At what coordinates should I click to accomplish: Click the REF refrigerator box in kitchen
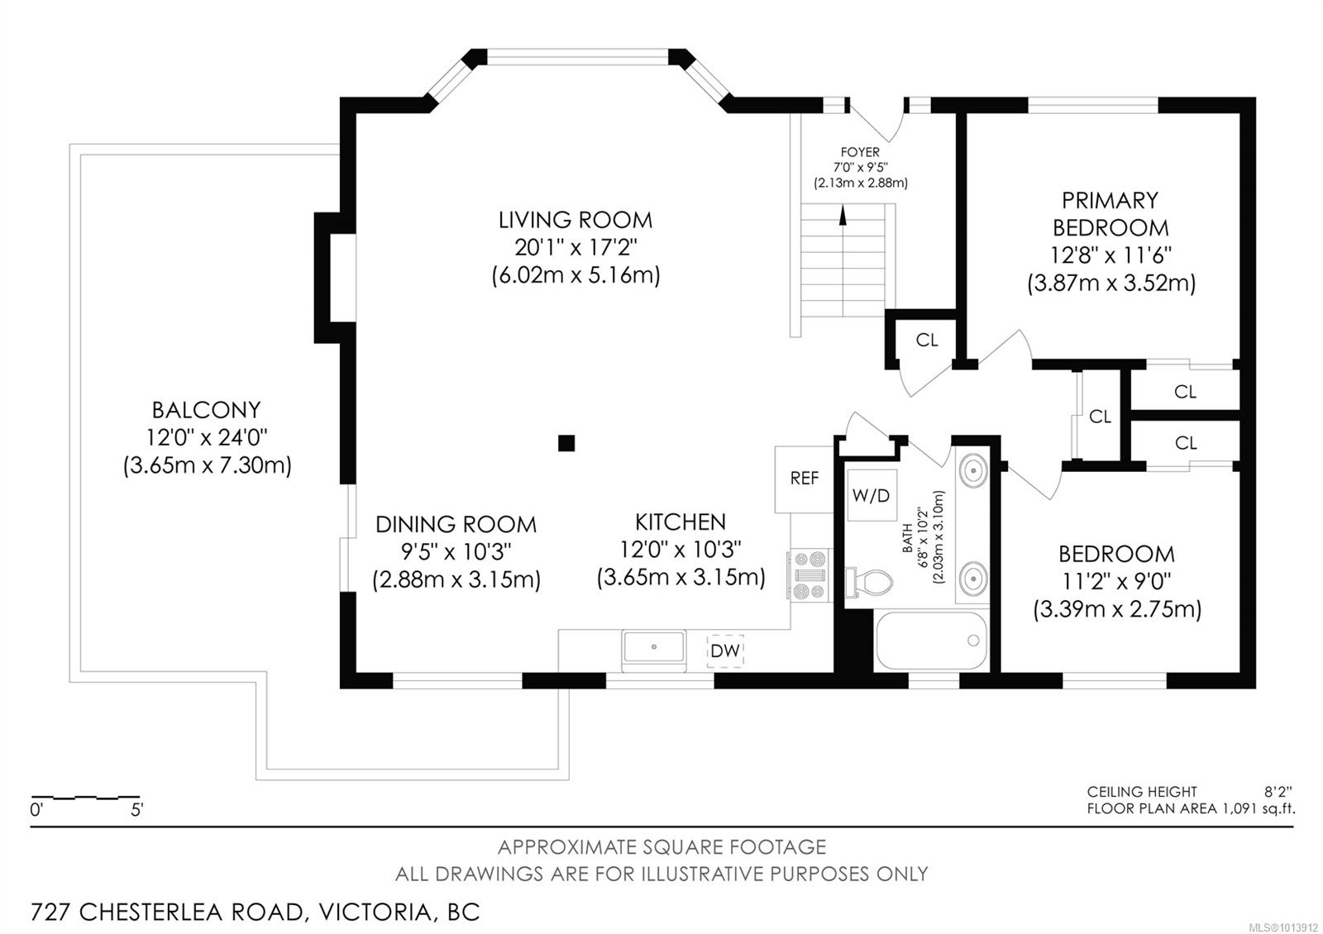[804, 479]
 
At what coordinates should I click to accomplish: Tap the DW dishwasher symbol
[725, 650]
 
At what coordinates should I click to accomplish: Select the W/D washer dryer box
[872, 495]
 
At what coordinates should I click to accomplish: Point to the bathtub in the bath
[931, 641]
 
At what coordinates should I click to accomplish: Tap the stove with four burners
[810, 575]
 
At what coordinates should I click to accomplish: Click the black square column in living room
[566, 443]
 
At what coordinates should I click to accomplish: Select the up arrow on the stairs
[843, 215]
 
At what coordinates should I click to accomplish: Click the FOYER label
[860, 152]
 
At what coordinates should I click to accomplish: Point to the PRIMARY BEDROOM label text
[1110, 213]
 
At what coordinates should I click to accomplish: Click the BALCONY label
[206, 410]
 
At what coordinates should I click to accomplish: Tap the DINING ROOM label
[456, 524]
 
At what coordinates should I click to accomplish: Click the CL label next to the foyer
[927, 341]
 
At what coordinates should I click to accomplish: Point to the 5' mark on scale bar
[136, 810]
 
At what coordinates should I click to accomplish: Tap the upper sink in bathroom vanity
[974, 471]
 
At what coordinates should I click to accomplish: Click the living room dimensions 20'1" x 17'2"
[576, 247]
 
